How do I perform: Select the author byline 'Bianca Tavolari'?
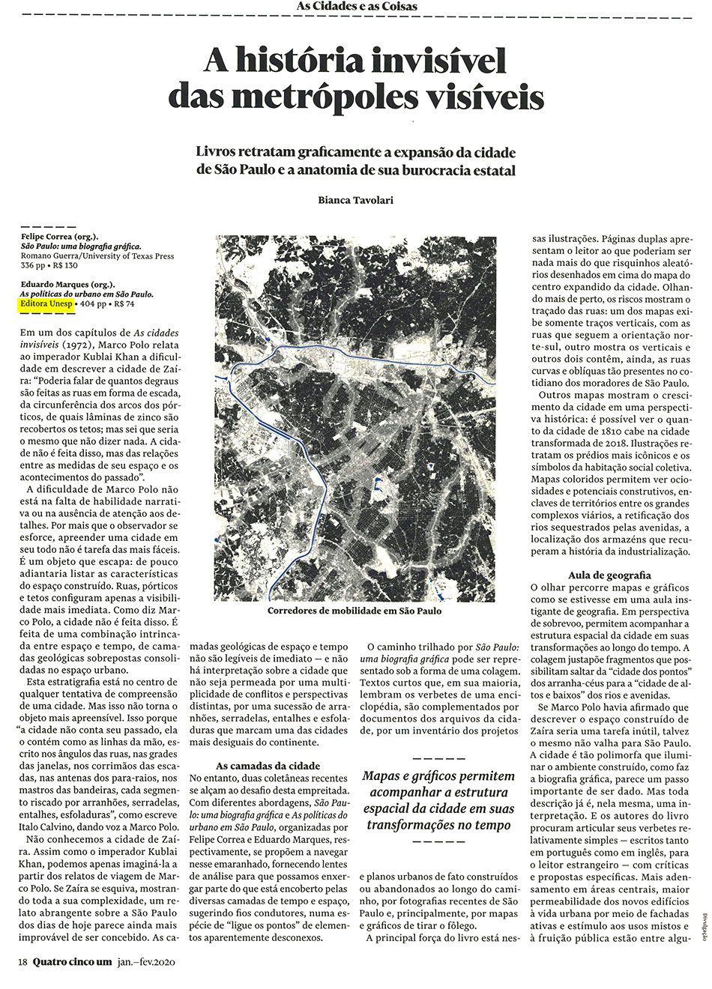356,200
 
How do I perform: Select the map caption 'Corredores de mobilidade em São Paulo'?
355,611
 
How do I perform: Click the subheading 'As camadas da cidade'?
258,766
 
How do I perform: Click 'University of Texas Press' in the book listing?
132,255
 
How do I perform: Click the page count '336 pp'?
33,265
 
